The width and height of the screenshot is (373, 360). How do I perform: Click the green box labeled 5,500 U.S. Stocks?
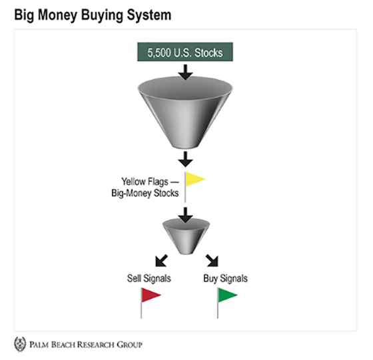point(185,52)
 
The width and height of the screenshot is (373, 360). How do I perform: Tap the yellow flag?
point(194,180)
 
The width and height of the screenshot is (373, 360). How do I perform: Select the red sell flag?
point(151,295)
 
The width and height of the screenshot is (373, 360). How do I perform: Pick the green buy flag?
point(227,295)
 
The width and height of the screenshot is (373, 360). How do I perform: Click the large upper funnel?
point(185,114)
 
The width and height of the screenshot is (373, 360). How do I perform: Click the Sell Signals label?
point(149,278)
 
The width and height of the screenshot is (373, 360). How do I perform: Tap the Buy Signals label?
point(225,279)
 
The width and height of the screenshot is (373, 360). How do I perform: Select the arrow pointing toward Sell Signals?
point(161,261)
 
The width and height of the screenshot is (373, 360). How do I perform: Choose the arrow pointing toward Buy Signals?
point(212,261)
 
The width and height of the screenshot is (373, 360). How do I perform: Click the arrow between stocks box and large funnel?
point(185,72)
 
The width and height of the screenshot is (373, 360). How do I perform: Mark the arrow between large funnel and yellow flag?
point(185,159)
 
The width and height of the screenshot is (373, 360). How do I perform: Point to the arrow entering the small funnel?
point(185,215)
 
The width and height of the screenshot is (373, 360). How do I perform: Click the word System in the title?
point(149,15)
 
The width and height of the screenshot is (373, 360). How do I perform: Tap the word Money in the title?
point(57,15)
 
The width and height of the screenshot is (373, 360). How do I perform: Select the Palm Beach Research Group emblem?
point(20,344)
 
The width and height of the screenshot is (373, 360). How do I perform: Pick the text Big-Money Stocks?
point(145,193)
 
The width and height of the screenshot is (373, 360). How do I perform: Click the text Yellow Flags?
point(145,182)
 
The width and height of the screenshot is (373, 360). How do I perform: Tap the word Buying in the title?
point(102,15)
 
